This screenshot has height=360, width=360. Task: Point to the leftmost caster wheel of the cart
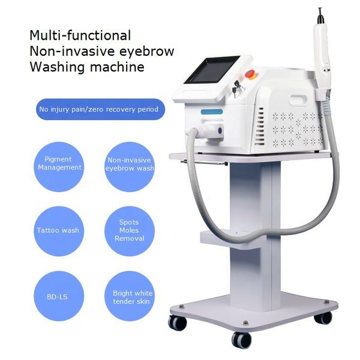[x=177, y=322]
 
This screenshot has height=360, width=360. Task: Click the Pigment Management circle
[x=58, y=164]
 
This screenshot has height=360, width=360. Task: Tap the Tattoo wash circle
[x=58, y=230]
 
